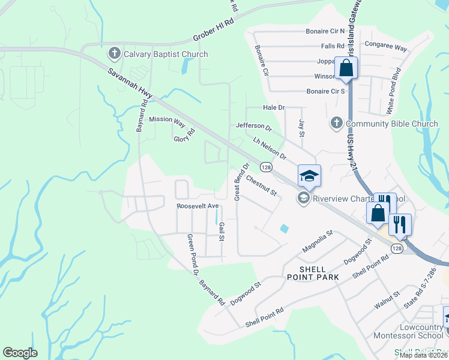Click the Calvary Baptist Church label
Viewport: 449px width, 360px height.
coord(166,54)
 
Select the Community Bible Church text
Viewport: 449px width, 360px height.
coord(393,124)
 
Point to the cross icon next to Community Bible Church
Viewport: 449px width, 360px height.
coord(336,124)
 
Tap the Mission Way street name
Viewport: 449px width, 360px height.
coord(167,119)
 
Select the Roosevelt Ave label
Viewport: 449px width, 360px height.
coord(197,206)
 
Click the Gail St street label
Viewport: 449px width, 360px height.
coord(221,231)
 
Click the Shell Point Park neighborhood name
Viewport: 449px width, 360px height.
coord(312,273)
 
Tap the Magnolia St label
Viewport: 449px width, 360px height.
coord(318,240)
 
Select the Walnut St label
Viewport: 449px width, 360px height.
coord(387,301)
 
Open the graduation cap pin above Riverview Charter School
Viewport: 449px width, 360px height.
coord(309,176)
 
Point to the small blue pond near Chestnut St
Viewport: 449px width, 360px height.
coord(283,229)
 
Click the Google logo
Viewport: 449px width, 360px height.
coord(20,352)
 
